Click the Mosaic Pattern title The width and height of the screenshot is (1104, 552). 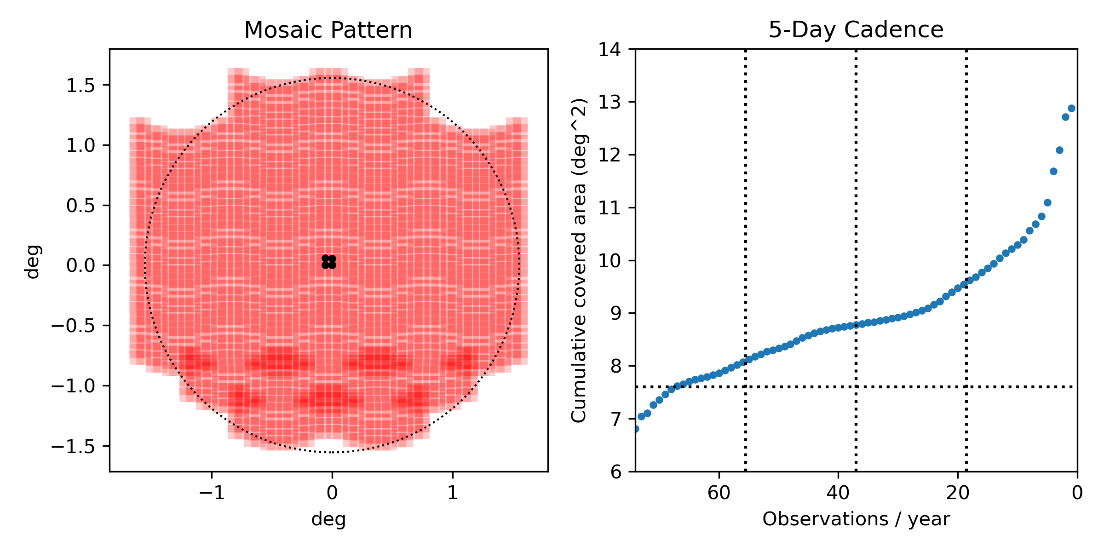328,30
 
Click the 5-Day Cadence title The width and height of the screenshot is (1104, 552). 856,30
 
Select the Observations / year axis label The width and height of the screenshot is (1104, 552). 856,519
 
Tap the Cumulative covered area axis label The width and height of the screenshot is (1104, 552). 579,260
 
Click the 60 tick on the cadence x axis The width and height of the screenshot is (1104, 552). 719,493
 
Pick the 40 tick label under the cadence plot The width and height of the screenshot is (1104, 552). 838,493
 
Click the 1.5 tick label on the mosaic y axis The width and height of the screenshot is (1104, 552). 80,86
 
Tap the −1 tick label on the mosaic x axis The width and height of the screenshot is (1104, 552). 212,493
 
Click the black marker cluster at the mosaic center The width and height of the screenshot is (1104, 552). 329,262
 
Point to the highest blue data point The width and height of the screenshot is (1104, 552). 1071,109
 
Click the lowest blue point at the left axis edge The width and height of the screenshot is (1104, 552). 636,429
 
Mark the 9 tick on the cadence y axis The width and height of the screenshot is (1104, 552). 615,313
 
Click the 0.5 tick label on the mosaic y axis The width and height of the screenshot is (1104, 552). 80,206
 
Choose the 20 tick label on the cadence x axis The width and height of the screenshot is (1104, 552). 958,493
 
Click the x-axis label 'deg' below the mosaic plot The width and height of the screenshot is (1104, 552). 328,519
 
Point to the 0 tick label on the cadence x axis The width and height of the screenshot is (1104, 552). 1077,493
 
